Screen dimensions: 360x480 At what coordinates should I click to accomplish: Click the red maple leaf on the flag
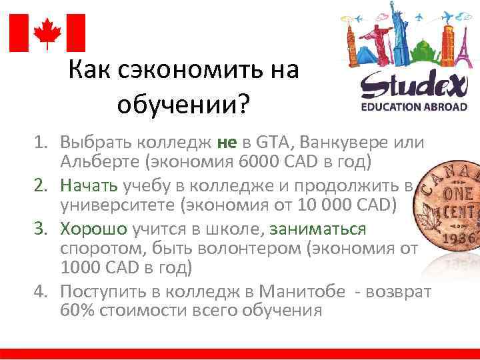click(47, 33)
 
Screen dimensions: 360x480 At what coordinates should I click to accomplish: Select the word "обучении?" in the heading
click(181, 103)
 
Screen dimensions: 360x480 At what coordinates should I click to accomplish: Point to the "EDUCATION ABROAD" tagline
click(414, 107)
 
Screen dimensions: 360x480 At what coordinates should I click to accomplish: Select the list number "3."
click(43, 229)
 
